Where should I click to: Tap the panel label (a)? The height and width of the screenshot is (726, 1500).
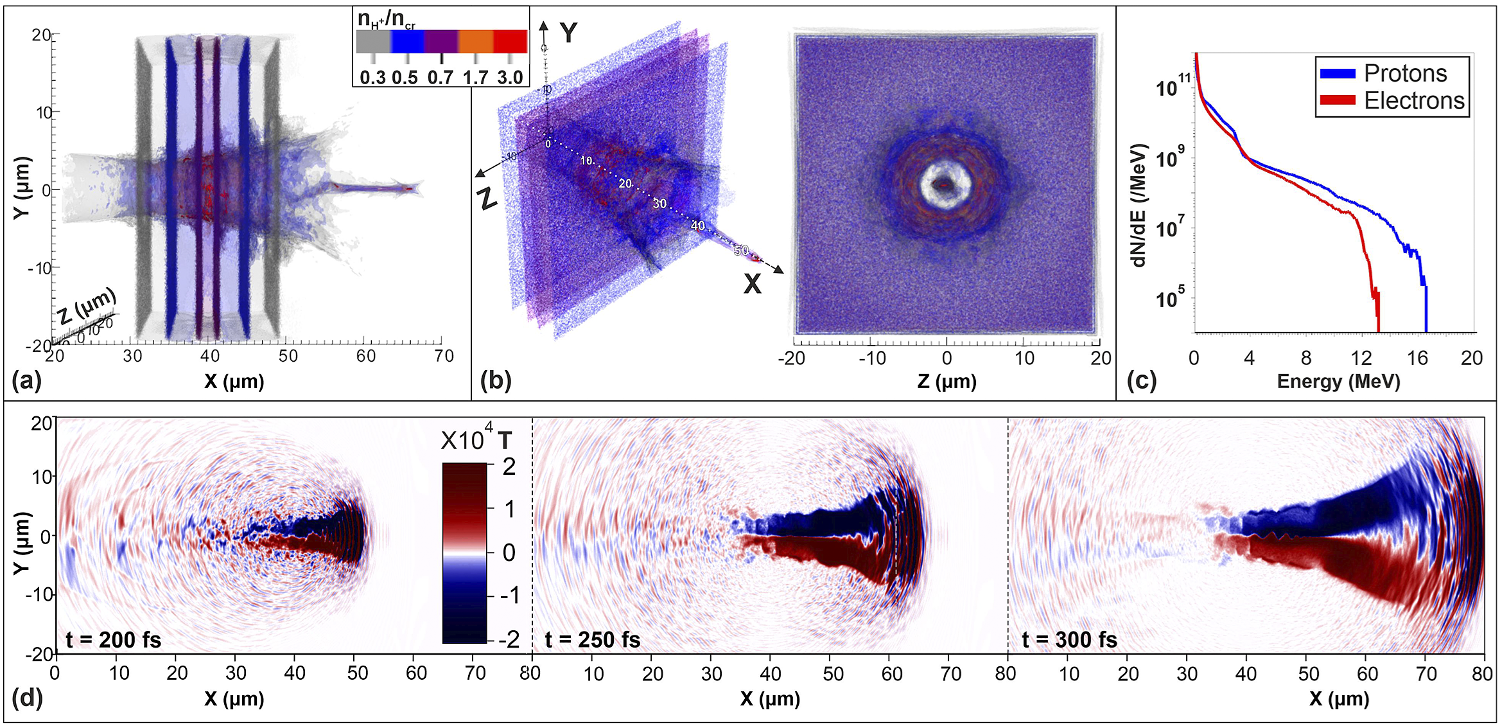click(26, 381)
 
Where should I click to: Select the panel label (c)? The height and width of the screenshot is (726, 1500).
click(1141, 381)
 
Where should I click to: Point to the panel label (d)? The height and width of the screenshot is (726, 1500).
click(26, 697)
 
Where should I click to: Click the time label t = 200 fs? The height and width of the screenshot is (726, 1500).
click(113, 640)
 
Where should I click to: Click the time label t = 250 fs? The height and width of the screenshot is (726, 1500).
click(592, 640)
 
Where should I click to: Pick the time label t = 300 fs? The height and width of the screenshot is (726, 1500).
click(1069, 640)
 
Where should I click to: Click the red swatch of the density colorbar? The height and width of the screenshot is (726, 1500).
click(510, 41)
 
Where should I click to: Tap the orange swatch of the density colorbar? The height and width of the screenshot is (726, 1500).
click(475, 41)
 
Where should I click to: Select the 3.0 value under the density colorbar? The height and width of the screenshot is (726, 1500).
click(510, 78)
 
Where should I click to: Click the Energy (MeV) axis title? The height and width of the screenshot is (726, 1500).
click(1338, 382)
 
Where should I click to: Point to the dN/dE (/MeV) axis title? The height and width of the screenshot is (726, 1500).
click(1140, 205)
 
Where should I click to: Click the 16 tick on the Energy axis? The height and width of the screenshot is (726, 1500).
click(1417, 358)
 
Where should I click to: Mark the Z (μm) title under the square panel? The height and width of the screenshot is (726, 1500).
click(946, 382)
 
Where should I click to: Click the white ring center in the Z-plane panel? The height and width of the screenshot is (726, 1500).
click(944, 184)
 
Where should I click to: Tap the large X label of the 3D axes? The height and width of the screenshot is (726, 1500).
click(752, 283)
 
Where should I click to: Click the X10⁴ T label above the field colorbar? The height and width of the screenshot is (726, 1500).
click(476, 440)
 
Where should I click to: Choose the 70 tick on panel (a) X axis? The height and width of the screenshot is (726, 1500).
click(444, 356)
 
